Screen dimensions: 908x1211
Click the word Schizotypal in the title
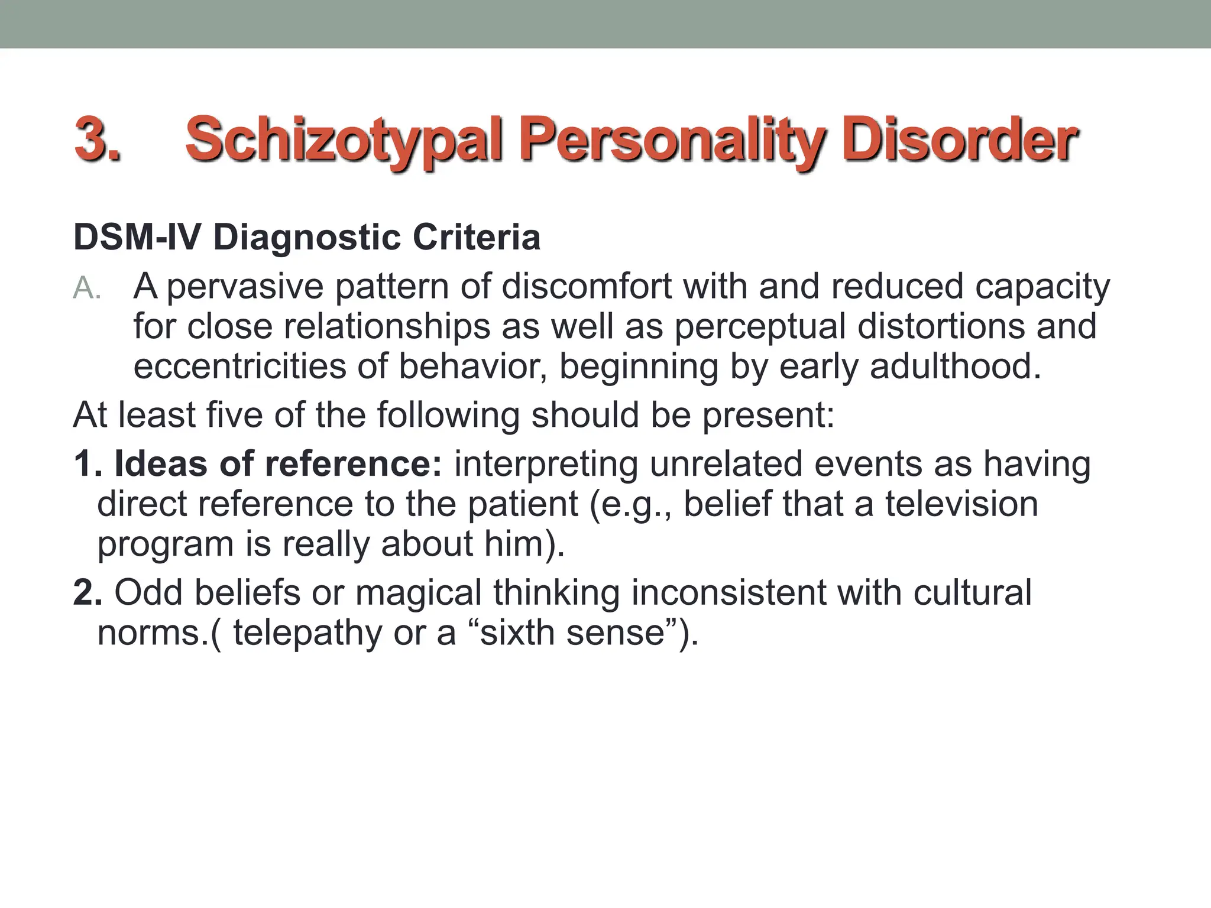pyautogui.click(x=344, y=141)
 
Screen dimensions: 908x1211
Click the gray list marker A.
pyautogui.click(x=88, y=289)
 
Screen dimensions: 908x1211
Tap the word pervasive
pyautogui.click(x=245, y=287)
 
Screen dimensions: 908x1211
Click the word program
pyautogui.click(x=165, y=545)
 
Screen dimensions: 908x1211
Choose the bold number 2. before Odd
pyautogui.click(x=88, y=593)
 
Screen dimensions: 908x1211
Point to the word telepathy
pyautogui.click(x=307, y=633)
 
